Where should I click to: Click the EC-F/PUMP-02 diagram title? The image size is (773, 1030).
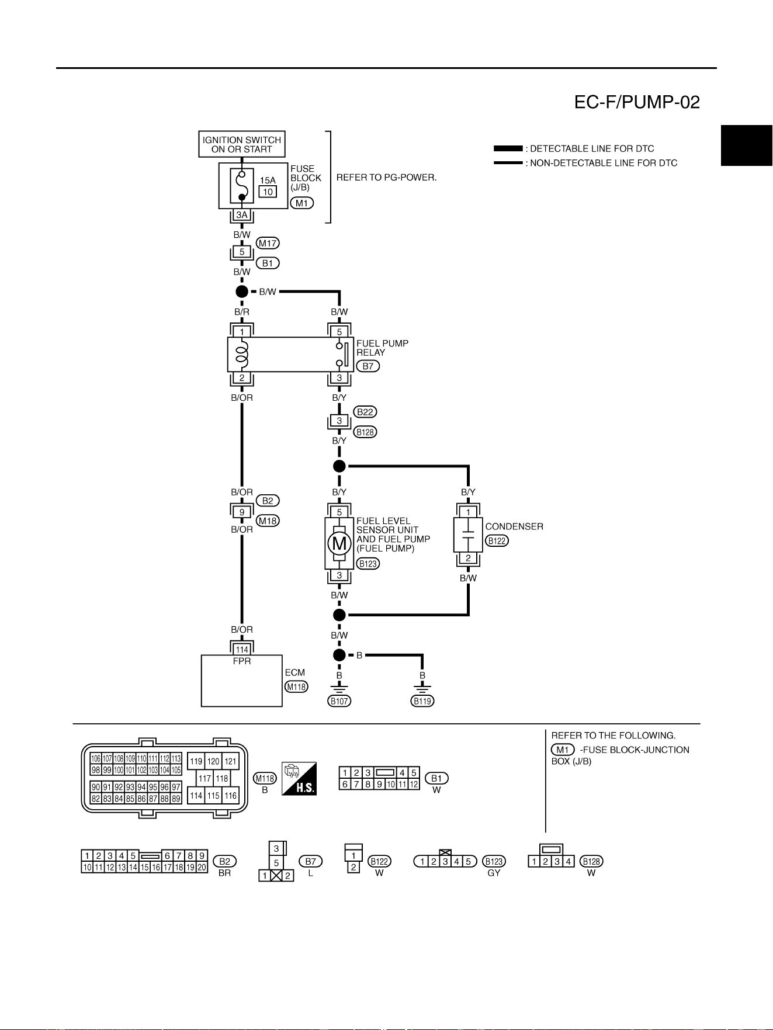tap(637, 102)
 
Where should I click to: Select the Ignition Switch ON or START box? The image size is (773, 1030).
tap(242, 144)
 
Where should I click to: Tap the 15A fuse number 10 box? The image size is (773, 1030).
tap(268, 192)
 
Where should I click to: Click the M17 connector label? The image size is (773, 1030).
tap(268, 243)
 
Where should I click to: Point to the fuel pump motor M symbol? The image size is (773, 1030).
tap(339, 544)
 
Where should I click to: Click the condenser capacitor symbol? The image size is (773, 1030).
tap(468, 535)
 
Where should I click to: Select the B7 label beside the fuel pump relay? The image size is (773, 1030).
tap(368, 366)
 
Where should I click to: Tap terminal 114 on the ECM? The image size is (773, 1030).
tap(242, 649)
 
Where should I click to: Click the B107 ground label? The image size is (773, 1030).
tap(339, 701)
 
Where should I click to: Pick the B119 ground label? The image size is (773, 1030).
tap(422, 701)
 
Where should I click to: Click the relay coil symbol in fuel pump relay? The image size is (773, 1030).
tap(242, 355)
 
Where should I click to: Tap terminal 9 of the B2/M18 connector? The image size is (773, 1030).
tap(242, 512)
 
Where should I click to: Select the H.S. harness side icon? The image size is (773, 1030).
tap(299, 778)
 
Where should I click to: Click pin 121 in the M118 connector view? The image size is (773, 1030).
tap(231, 761)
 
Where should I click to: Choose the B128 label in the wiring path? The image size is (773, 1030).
tap(365, 432)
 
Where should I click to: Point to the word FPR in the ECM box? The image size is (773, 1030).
tap(242, 661)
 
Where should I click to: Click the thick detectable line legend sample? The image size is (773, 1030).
tap(508, 148)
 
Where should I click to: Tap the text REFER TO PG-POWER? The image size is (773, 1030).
tap(386, 177)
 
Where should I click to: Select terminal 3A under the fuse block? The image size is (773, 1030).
tap(242, 215)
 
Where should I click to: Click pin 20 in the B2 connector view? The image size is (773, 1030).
tap(202, 868)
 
